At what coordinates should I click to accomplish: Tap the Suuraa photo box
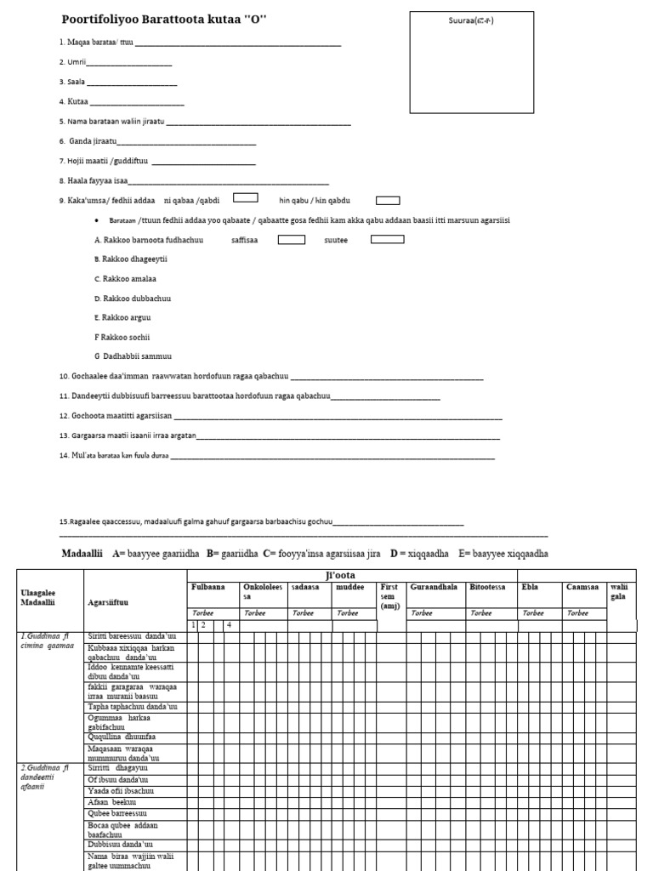(x=471, y=62)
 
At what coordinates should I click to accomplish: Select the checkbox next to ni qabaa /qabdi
(x=246, y=199)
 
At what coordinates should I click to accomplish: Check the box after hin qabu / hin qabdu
(x=388, y=200)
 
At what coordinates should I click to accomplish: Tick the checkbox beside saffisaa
(x=292, y=239)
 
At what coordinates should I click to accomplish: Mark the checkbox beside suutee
(x=387, y=239)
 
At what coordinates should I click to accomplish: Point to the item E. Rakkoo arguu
(x=122, y=317)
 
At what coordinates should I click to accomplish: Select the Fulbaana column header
(x=208, y=587)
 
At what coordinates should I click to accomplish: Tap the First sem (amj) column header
(x=390, y=596)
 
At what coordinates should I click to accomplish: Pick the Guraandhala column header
(x=433, y=587)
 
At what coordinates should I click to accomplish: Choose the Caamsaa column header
(x=582, y=587)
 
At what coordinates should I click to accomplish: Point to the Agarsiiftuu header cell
(x=109, y=601)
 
